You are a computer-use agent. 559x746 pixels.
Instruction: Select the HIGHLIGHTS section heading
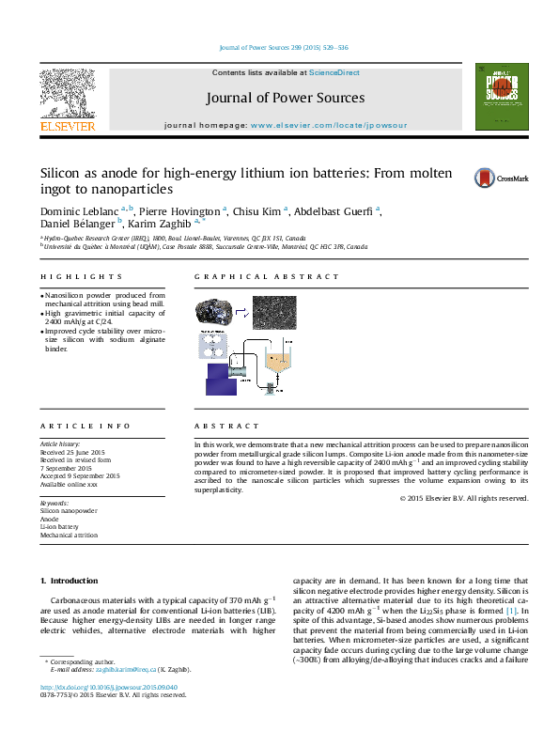pos(81,277)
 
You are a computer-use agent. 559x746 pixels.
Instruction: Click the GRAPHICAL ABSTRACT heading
pos(267,277)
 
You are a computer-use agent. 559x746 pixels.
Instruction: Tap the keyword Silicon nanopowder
pos(69,510)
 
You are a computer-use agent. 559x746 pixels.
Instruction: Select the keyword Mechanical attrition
pos(69,535)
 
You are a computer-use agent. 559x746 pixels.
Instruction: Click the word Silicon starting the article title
pos(59,175)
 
